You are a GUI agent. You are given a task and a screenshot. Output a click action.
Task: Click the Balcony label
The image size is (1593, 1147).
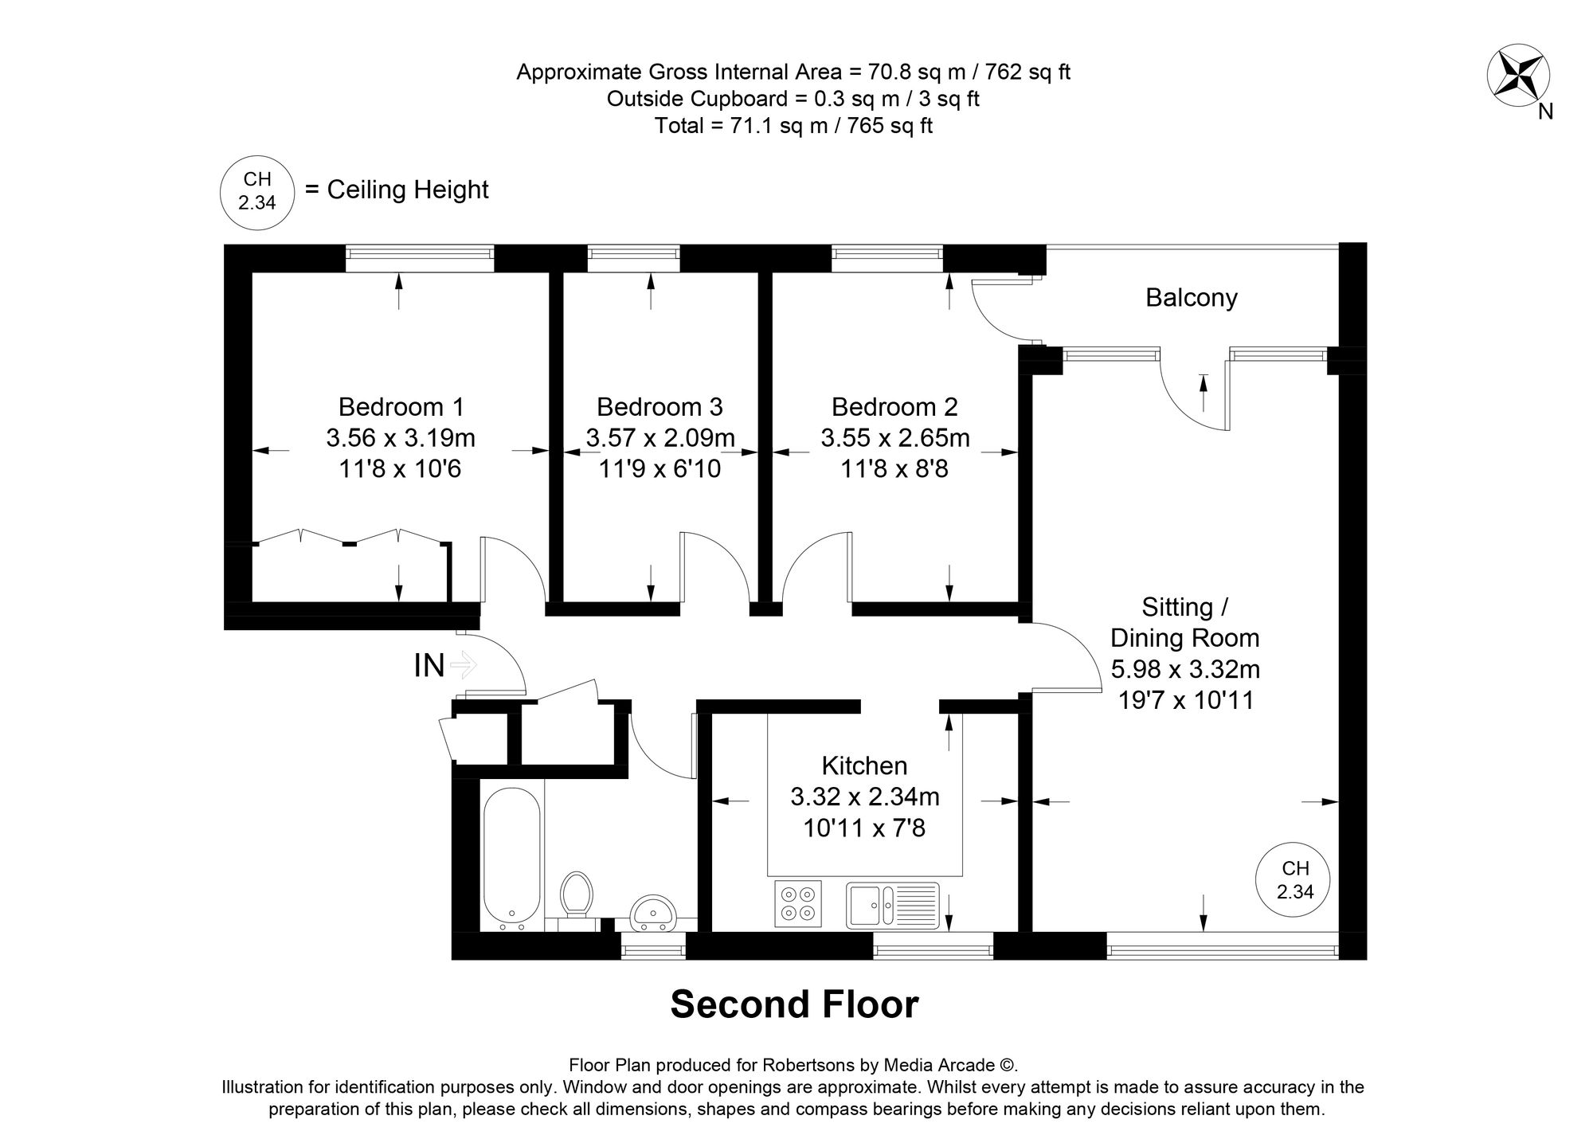click(1191, 298)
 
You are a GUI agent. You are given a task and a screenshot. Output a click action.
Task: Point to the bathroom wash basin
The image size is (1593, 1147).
click(653, 913)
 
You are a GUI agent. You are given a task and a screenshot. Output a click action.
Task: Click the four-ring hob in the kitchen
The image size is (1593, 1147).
click(799, 904)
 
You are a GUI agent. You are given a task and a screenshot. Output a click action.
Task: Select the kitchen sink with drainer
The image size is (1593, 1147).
click(892, 905)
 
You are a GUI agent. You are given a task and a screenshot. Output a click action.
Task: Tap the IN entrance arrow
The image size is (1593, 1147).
click(463, 664)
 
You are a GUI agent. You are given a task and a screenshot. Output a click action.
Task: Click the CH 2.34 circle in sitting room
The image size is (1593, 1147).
click(1294, 880)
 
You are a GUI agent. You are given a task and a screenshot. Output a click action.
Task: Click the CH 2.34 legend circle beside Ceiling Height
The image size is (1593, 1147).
click(256, 191)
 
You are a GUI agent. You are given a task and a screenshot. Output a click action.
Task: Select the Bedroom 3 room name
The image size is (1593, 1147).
click(660, 407)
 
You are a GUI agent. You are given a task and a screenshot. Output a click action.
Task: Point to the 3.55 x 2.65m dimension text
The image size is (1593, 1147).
click(894, 438)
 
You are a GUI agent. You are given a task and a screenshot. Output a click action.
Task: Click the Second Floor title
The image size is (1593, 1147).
click(794, 1004)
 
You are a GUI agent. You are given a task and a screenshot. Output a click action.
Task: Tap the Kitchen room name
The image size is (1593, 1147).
click(864, 765)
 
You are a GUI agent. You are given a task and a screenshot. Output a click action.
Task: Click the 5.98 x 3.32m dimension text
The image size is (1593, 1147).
click(1184, 668)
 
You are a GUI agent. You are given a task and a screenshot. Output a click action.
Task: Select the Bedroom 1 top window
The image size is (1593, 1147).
click(420, 253)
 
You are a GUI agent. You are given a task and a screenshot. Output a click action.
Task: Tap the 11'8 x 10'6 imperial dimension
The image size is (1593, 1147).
click(400, 469)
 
